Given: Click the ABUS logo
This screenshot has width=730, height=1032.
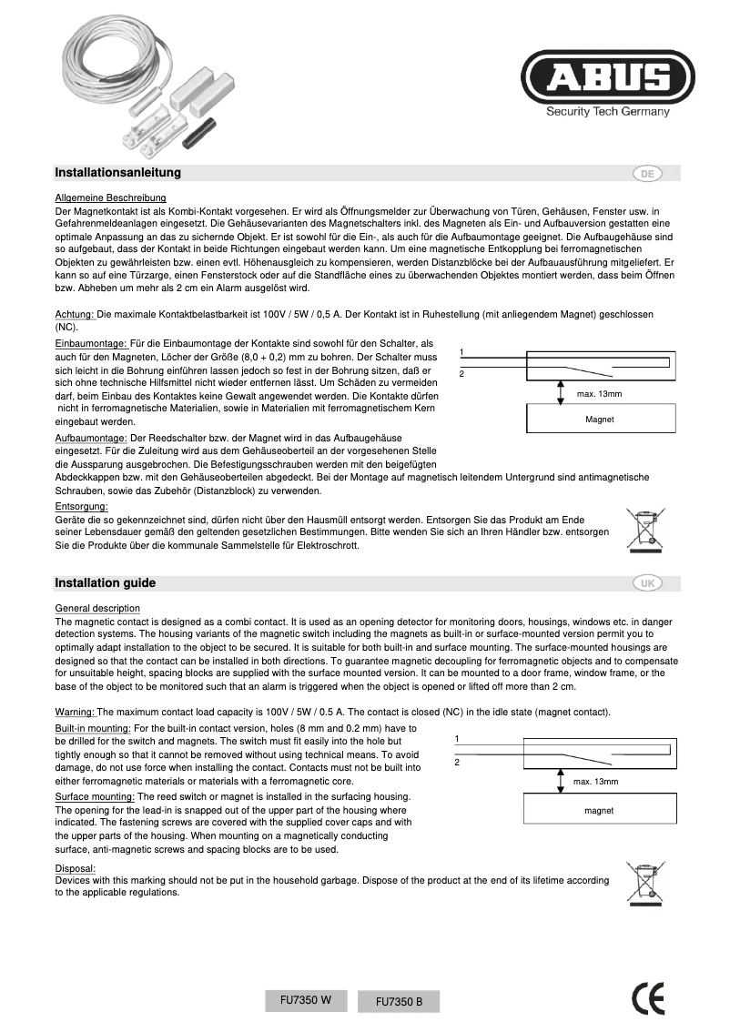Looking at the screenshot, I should tap(607, 79).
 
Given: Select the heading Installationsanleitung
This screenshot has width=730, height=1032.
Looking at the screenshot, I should tap(117, 173).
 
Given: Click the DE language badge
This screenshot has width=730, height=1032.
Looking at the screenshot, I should tap(647, 173).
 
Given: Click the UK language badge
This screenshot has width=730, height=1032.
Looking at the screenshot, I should tap(647, 583).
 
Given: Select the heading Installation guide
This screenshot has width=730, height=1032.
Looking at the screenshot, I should tap(105, 583).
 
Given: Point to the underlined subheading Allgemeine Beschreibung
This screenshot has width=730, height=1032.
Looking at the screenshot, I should tap(110, 197).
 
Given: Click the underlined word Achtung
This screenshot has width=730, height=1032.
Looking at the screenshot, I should tap(75, 314).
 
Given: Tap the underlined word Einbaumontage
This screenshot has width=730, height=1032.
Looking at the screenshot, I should tap(91, 343).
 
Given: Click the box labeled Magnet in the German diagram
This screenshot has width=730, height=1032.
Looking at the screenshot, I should tap(599, 420).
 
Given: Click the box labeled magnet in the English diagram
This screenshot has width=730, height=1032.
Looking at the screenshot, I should tap(598, 810).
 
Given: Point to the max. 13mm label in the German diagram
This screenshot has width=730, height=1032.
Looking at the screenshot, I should tap(599, 393).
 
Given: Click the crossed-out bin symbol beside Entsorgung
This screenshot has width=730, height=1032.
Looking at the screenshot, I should tap(645, 531).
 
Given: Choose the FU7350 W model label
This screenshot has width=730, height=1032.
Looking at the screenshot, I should tap(306, 999).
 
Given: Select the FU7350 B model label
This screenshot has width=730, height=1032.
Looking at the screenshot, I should tap(399, 1002).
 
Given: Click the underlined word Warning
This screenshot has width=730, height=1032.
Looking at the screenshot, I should tap(75, 712).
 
